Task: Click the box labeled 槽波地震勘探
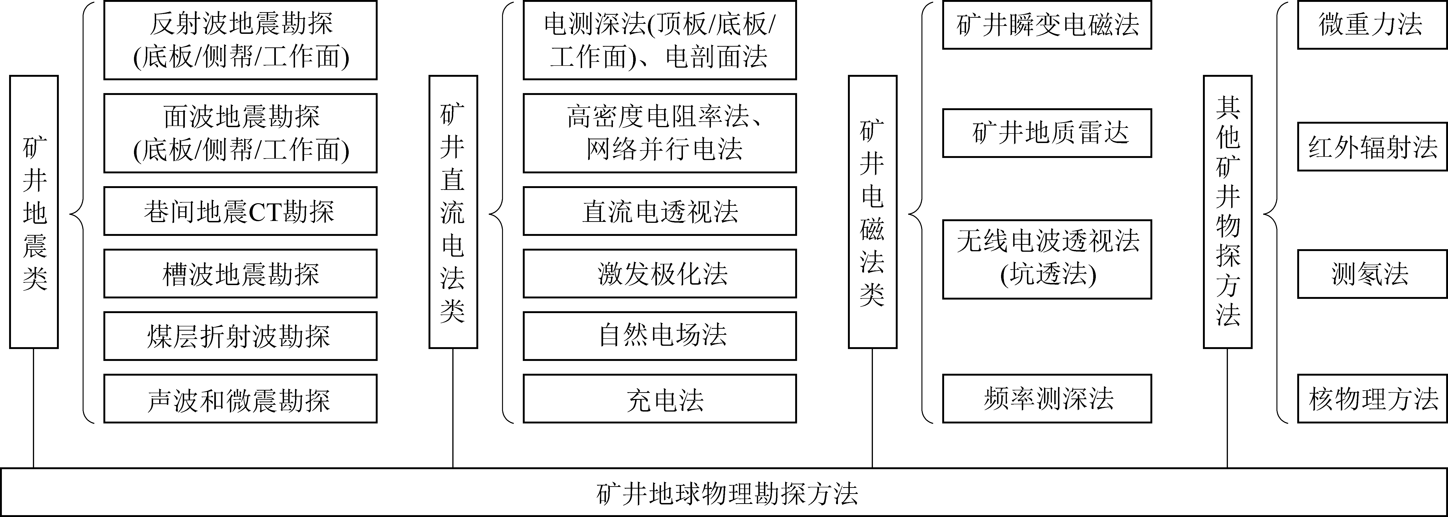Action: tap(240, 274)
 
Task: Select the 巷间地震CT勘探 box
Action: tap(240, 211)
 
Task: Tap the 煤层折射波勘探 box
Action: tap(240, 336)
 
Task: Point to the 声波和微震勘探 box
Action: tap(240, 399)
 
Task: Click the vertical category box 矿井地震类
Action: tap(34, 212)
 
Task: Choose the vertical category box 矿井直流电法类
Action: tap(453, 212)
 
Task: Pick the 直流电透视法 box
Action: tap(659, 211)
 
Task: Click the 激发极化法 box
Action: tap(659, 274)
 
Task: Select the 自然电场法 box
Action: tap(659, 336)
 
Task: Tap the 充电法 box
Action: tap(659, 399)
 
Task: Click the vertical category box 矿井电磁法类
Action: tap(872, 212)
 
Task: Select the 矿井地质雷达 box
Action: tap(1047, 133)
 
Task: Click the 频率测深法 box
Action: tap(1047, 398)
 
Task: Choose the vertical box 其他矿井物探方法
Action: tap(1228, 212)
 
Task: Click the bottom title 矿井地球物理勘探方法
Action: tap(724, 492)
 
